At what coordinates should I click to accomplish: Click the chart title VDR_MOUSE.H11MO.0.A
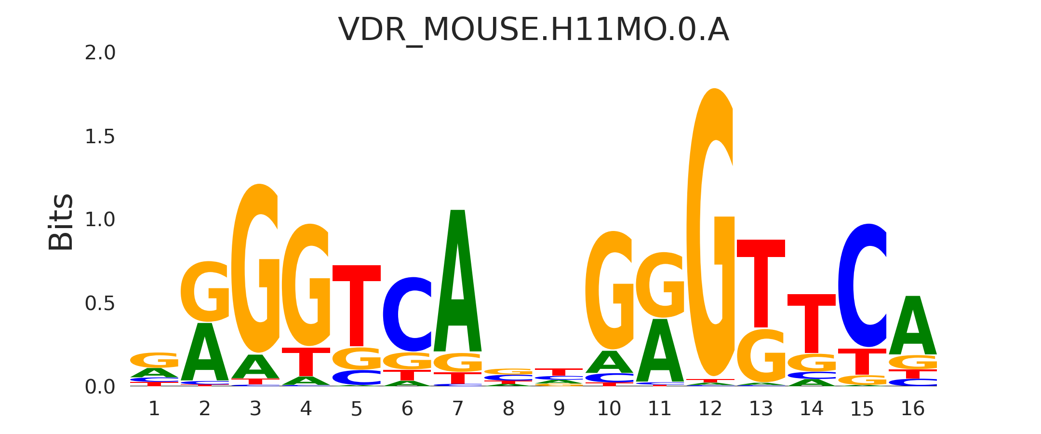[533, 30]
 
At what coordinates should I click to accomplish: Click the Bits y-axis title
[61, 222]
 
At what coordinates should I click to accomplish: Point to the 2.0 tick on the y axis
[100, 53]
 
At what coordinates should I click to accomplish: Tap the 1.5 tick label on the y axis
[100, 137]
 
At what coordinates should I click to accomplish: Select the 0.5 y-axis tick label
[100, 304]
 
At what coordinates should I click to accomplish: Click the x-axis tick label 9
[559, 409]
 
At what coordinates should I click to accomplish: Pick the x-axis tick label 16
[912, 409]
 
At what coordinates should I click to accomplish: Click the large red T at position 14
[812, 323]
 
